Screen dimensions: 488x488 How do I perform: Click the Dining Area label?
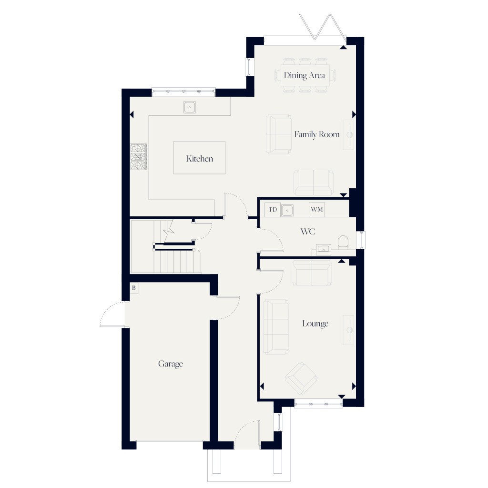click(x=304, y=75)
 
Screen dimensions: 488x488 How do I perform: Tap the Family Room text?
click(x=316, y=134)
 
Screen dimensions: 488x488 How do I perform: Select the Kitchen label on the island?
click(x=199, y=158)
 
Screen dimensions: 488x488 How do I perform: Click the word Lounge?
click(x=315, y=324)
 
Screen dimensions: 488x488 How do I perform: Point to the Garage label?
click(x=170, y=364)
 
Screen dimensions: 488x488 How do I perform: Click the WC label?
click(x=307, y=232)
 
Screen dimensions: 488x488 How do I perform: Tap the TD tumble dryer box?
click(x=273, y=210)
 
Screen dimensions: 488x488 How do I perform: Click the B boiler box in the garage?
click(x=134, y=288)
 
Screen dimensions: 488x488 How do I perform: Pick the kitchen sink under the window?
click(x=190, y=107)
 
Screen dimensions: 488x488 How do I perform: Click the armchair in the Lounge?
click(x=301, y=376)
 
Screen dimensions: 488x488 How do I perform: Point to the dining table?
click(x=304, y=75)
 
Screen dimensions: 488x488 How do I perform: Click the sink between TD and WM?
click(x=287, y=210)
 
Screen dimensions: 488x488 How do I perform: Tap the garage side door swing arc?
click(x=111, y=315)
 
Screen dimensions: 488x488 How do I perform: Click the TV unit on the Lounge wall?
click(x=349, y=328)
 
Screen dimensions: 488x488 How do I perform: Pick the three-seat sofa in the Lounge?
click(x=276, y=326)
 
